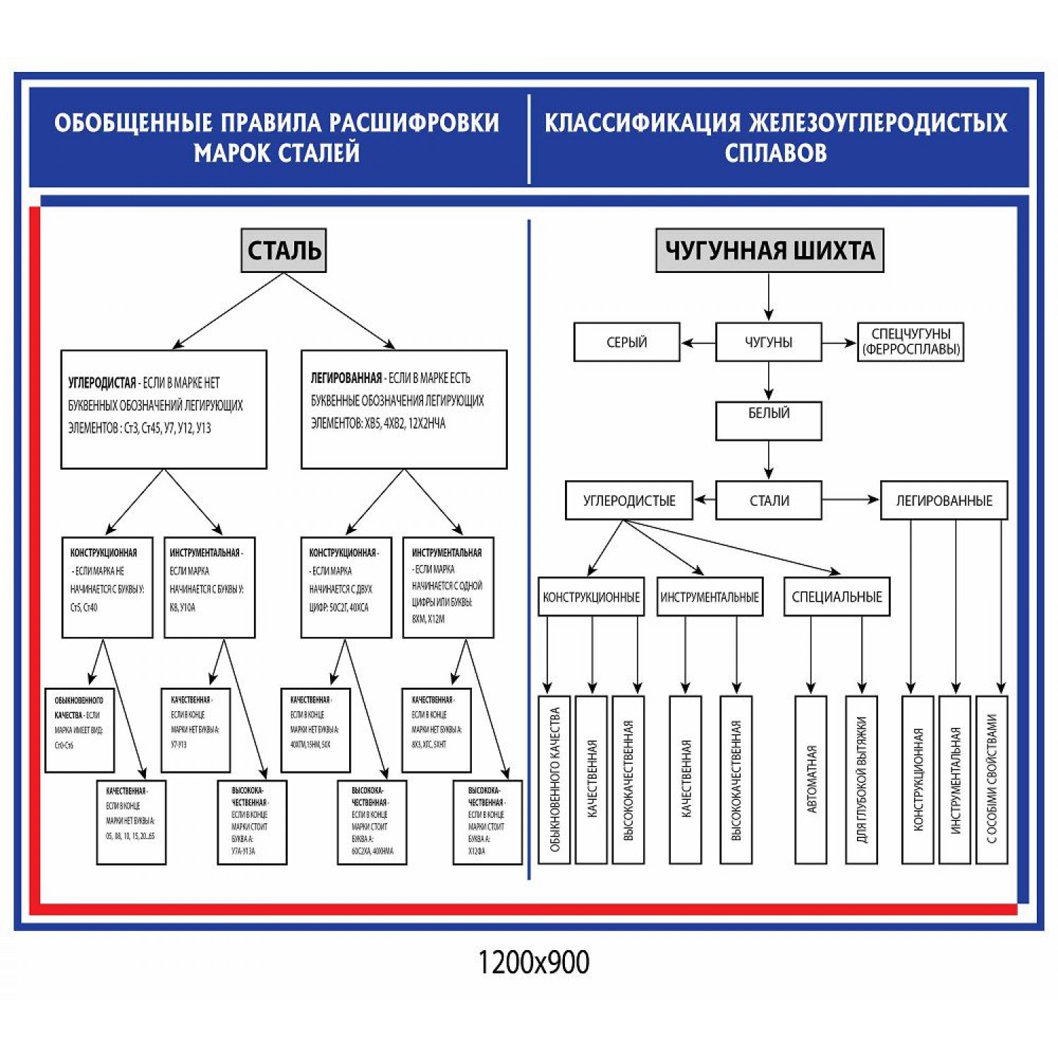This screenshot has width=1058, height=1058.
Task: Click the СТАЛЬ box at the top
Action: pos(284,250)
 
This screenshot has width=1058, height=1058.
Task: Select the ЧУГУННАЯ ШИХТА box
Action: pos(769,250)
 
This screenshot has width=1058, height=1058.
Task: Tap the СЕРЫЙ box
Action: pos(626,342)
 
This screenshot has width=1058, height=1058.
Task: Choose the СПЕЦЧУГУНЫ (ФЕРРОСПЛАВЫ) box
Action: pos(911,342)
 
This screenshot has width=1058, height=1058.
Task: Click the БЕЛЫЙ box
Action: pos(769,420)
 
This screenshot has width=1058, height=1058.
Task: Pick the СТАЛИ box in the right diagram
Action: pos(769,500)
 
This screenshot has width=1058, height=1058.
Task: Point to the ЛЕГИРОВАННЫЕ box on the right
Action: pos(944,500)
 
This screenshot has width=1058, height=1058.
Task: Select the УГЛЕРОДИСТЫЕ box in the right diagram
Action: pos(628,500)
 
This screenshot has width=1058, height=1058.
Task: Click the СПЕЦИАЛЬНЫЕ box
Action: pos(837,597)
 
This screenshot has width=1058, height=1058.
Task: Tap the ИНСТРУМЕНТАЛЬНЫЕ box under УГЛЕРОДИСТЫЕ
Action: pos(710,597)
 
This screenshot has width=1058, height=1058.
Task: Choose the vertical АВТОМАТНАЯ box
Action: pos(810,779)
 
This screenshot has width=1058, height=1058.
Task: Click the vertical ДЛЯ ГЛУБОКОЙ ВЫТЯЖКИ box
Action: pos(861,779)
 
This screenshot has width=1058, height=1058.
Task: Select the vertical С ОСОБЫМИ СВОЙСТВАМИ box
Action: pos(992,779)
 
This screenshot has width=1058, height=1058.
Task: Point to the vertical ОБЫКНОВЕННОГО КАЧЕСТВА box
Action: pos(554,779)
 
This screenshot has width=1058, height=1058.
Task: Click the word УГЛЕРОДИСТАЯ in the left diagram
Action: pos(102,383)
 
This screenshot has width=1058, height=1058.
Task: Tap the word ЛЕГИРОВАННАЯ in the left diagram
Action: pos(346,378)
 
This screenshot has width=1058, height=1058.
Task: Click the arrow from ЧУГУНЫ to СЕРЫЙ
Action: pos(698,343)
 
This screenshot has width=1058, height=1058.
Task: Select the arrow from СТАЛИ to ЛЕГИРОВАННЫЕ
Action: pos(851,500)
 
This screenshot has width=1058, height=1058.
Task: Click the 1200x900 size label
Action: pos(533,962)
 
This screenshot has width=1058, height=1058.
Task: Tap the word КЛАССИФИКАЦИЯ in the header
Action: pos(642,123)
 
